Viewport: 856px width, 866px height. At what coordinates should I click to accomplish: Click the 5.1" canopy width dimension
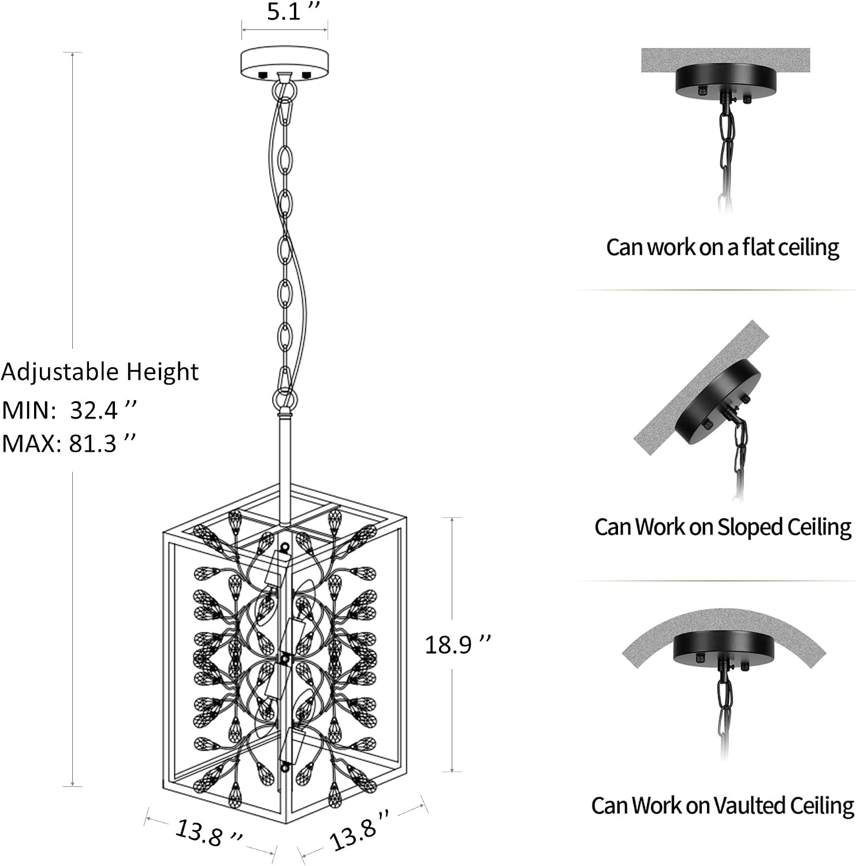click(x=293, y=12)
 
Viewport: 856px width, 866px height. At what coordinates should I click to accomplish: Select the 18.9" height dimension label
click(x=457, y=644)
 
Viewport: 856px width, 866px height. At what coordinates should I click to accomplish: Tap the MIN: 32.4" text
click(x=69, y=410)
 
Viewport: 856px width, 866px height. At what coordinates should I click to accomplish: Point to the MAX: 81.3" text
click(x=69, y=443)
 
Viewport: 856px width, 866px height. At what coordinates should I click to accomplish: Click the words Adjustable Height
click(x=100, y=372)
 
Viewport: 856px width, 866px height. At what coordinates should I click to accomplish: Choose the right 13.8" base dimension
click(x=359, y=830)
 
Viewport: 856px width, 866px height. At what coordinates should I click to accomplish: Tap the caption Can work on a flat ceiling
click(x=723, y=247)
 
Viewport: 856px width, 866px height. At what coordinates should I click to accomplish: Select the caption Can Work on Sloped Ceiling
click(x=723, y=527)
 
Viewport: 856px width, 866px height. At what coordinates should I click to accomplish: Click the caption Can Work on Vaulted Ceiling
click(x=723, y=805)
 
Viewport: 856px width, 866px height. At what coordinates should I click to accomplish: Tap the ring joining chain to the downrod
click(x=284, y=399)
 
